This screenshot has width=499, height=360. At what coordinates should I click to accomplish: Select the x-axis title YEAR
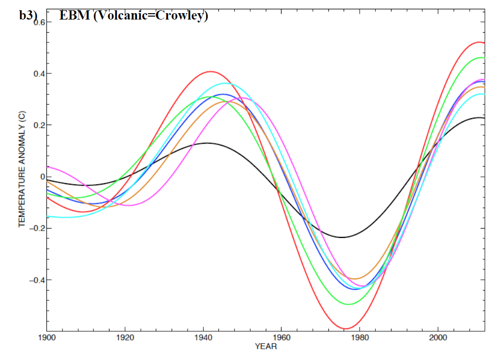point(266,347)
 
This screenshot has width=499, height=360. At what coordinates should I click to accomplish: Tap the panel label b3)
point(28,16)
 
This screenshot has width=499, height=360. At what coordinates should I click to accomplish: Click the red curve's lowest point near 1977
point(346,329)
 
